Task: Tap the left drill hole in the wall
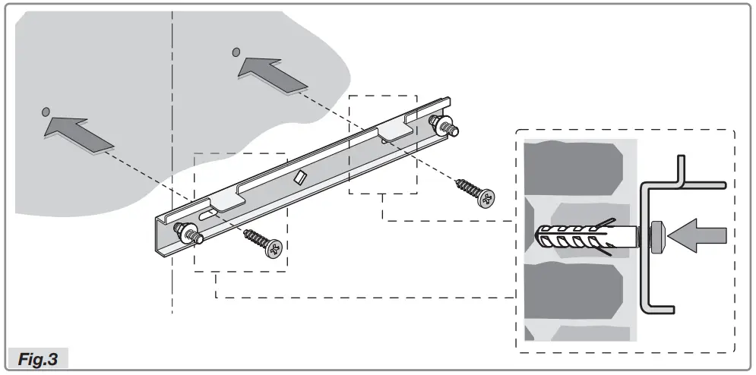(46, 112)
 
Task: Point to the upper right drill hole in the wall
(236, 52)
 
